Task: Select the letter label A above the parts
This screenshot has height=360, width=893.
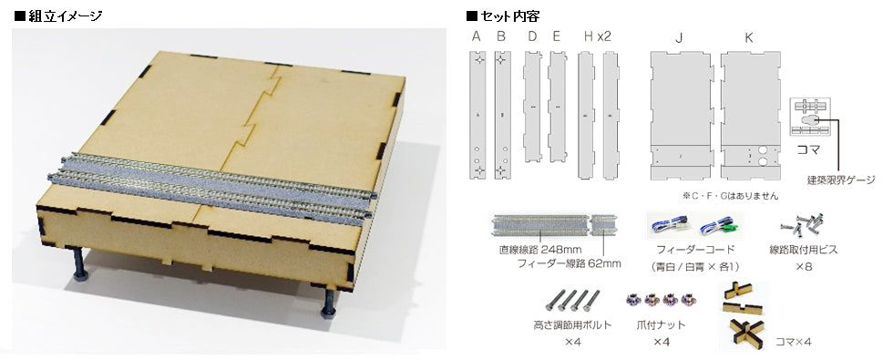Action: point(477,38)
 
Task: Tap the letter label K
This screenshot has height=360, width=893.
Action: point(749,38)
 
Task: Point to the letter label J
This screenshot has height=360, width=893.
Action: point(680,38)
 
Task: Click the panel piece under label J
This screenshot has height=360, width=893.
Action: point(681,115)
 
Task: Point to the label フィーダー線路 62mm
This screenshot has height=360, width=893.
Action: point(569,263)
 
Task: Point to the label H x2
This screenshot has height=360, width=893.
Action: point(597,38)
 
